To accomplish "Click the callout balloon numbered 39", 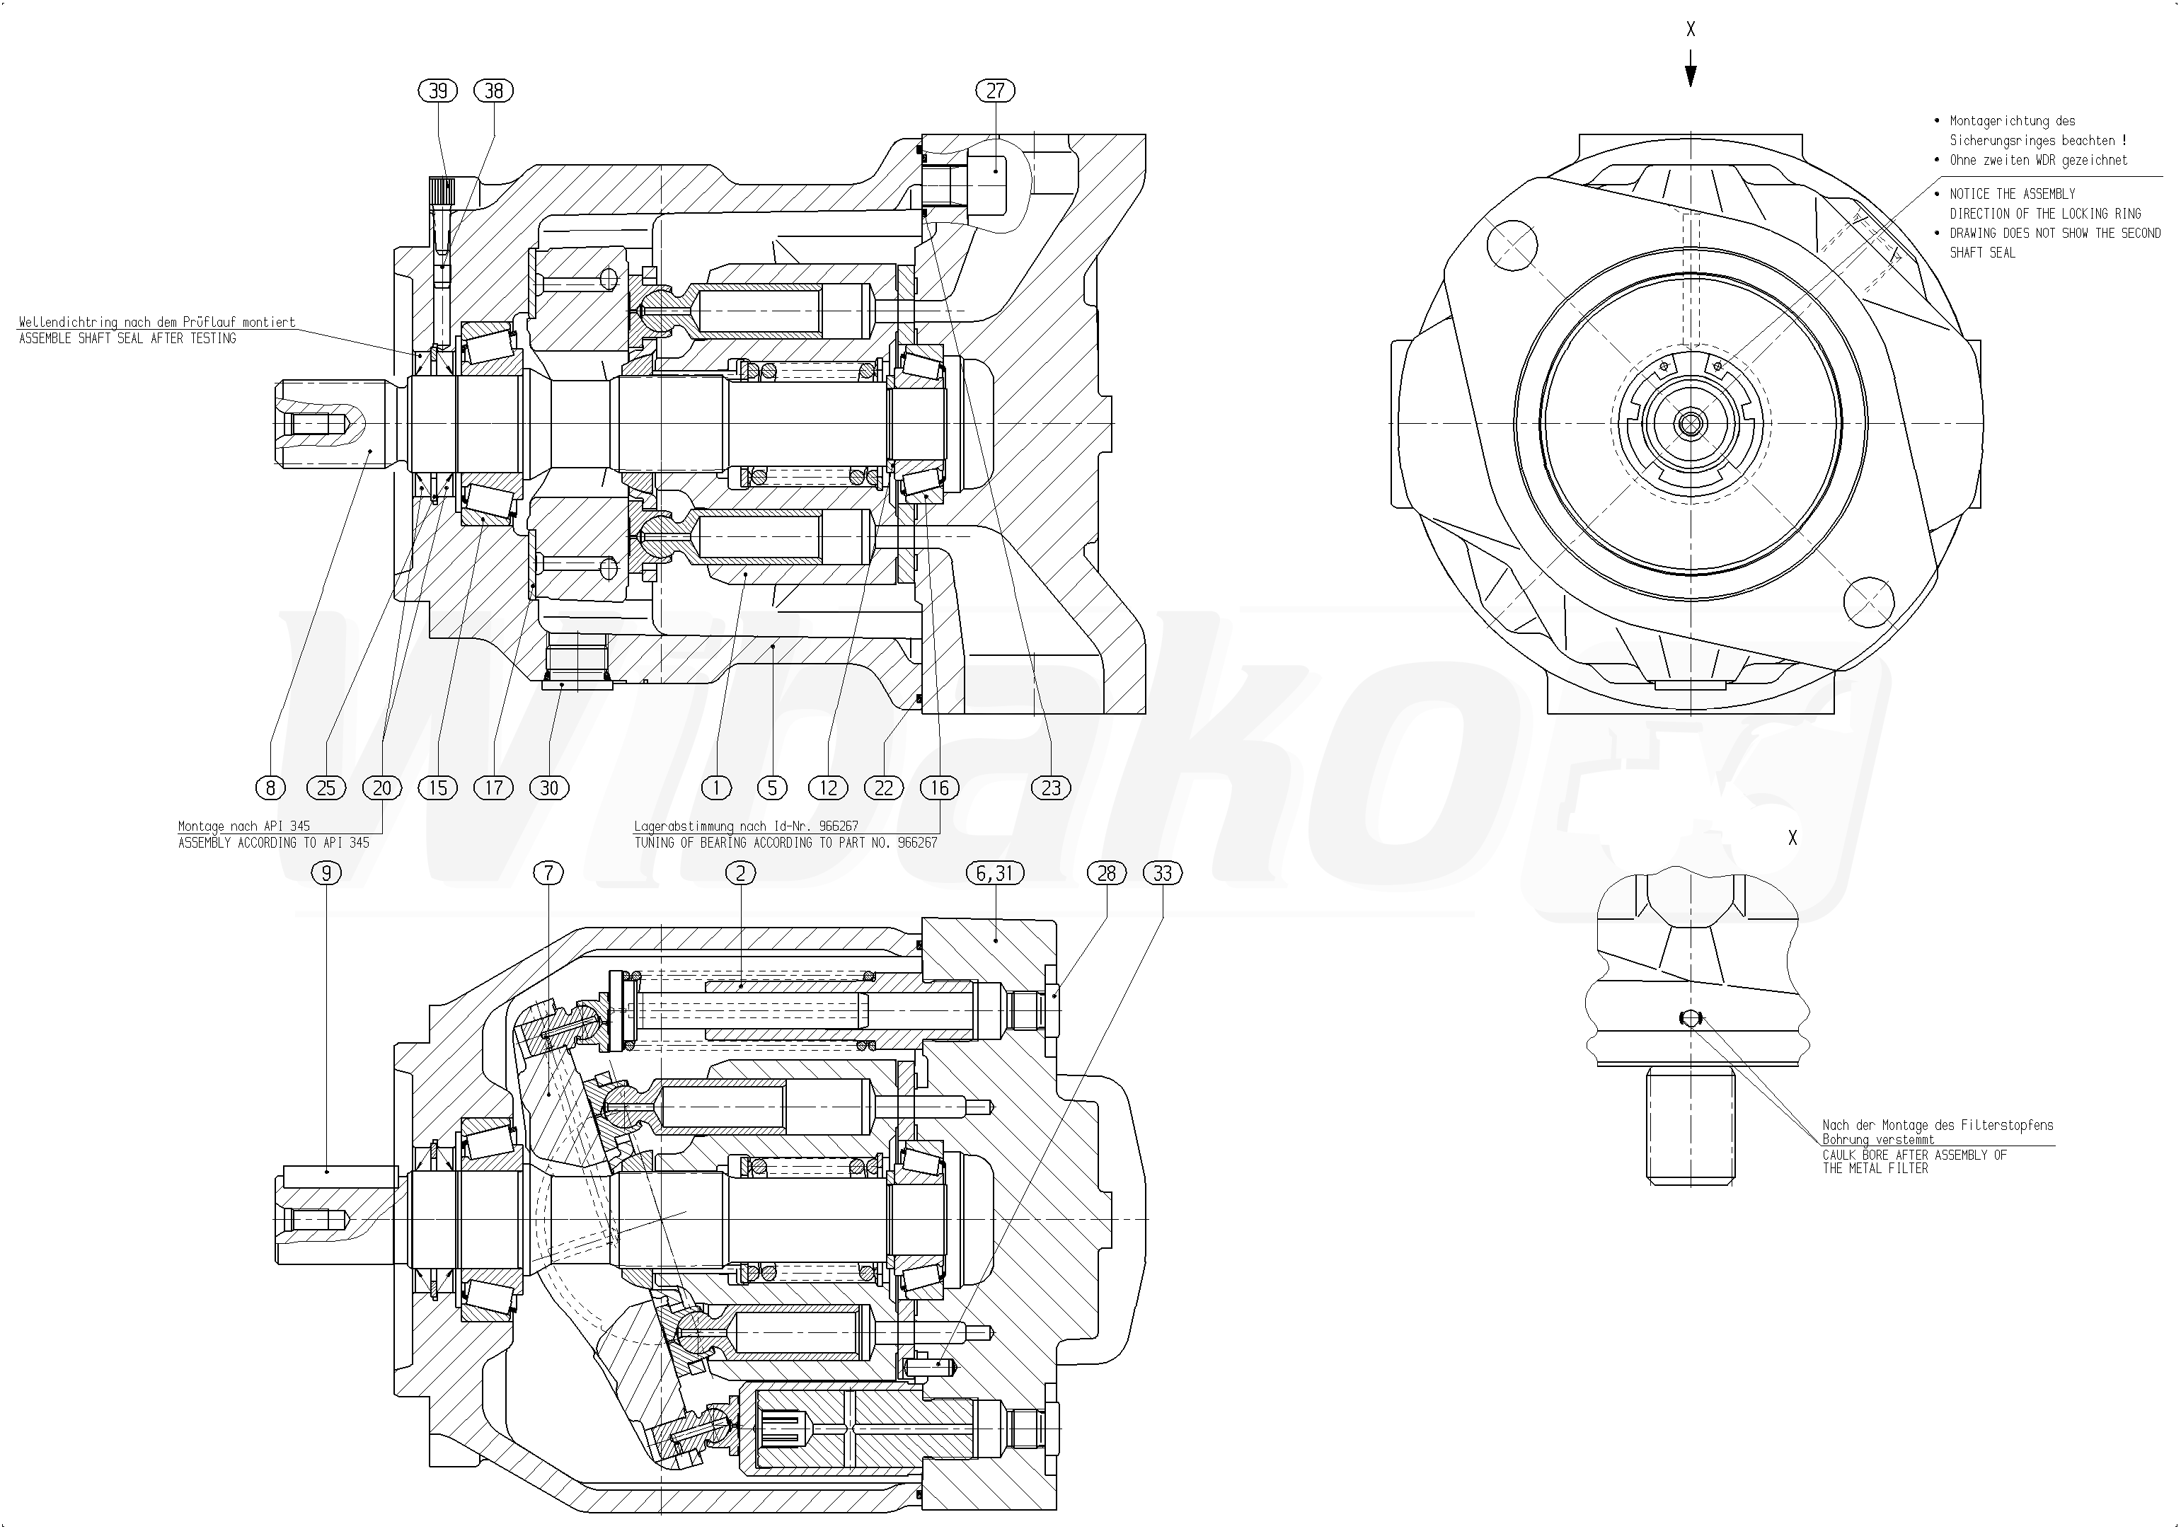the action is pyautogui.click(x=438, y=91).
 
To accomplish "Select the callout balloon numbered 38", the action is pyautogui.click(x=494, y=91).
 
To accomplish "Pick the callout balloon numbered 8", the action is pyautogui.click(x=271, y=787).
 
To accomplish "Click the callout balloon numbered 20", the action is pyautogui.click(x=382, y=787).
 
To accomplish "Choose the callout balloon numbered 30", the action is pyautogui.click(x=549, y=787).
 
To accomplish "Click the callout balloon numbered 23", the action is pyautogui.click(x=1051, y=787).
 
